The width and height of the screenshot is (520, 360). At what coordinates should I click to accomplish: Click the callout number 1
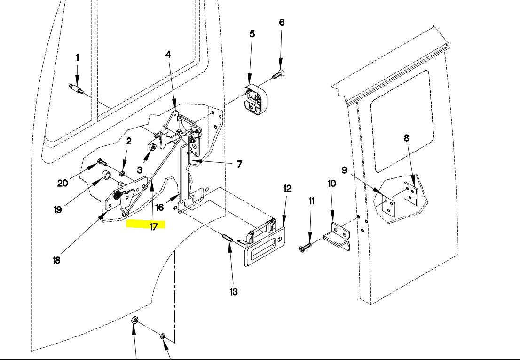point(78,57)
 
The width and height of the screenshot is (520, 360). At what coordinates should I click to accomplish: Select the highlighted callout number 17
point(153,226)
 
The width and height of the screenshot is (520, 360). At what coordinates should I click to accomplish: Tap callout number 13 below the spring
point(234,292)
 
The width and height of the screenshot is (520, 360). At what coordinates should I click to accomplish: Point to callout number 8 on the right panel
point(407,138)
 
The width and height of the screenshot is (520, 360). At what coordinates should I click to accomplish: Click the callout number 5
point(252,34)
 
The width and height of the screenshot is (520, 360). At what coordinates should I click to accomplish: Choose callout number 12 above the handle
point(287,189)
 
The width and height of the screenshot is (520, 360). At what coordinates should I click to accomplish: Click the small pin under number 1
point(77,89)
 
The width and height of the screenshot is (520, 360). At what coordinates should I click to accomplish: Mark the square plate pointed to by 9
point(388,204)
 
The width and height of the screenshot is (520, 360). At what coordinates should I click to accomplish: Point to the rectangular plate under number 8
point(410,194)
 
